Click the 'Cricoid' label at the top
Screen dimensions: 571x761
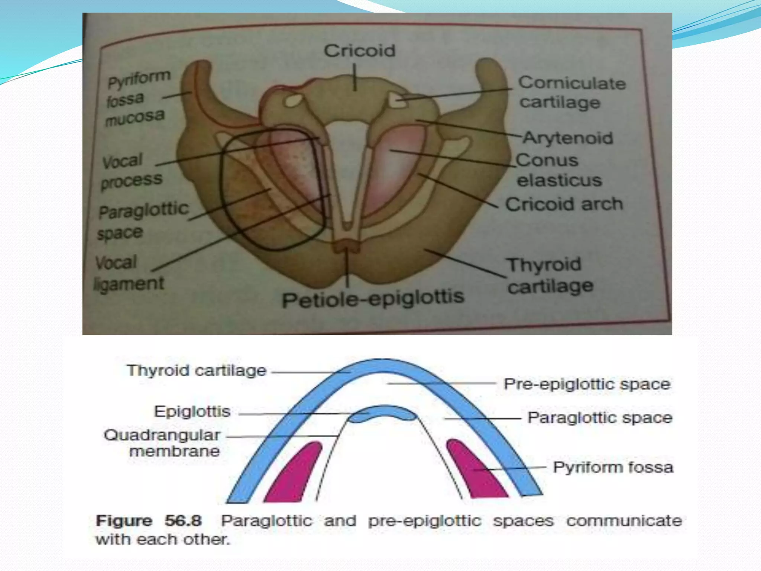point(359,51)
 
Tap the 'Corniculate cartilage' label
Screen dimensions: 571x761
point(571,93)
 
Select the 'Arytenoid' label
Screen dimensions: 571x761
point(568,138)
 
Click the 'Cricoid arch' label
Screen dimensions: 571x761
point(564,204)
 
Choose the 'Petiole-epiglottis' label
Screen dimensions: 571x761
point(373,299)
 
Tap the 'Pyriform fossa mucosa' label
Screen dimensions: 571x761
point(137,99)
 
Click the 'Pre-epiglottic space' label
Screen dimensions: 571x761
point(587,384)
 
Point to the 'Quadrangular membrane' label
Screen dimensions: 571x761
point(162,443)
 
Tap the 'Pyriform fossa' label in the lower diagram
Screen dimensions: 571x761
point(613,467)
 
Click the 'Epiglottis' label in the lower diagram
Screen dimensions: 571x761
point(192,412)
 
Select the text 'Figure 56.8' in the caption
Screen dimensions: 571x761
point(149,520)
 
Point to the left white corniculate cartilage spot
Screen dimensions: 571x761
point(294,101)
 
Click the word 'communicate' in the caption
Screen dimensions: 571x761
point(624,520)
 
